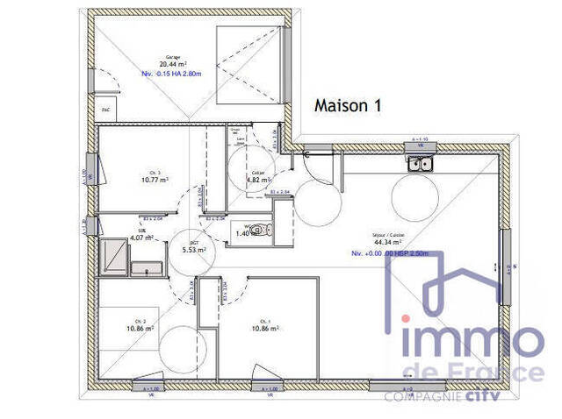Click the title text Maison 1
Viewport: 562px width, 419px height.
[349, 105]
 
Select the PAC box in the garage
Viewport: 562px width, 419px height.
[105, 110]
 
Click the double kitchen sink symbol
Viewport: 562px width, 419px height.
[419, 162]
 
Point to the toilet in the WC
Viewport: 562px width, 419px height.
[255, 231]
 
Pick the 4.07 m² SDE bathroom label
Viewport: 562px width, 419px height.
[142, 238]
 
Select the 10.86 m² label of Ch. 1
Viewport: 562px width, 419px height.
[265, 328]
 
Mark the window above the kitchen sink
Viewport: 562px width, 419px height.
[420, 146]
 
